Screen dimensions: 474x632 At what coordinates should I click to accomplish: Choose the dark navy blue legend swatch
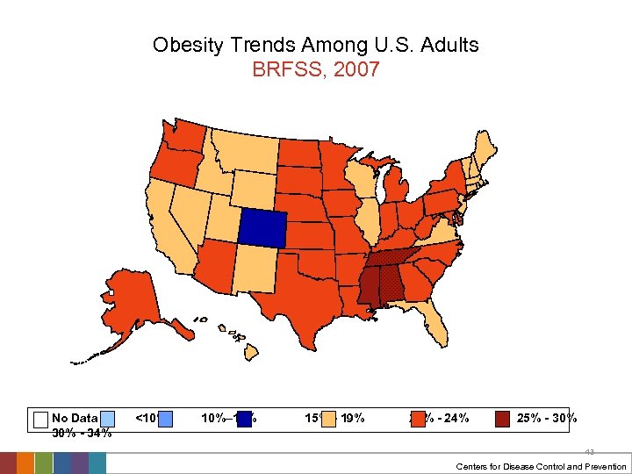click(x=244, y=419)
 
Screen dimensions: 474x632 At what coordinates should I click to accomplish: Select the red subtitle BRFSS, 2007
click(x=315, y=70)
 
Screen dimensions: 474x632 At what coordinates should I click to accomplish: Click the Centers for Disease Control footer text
click(x=542, y=466)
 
